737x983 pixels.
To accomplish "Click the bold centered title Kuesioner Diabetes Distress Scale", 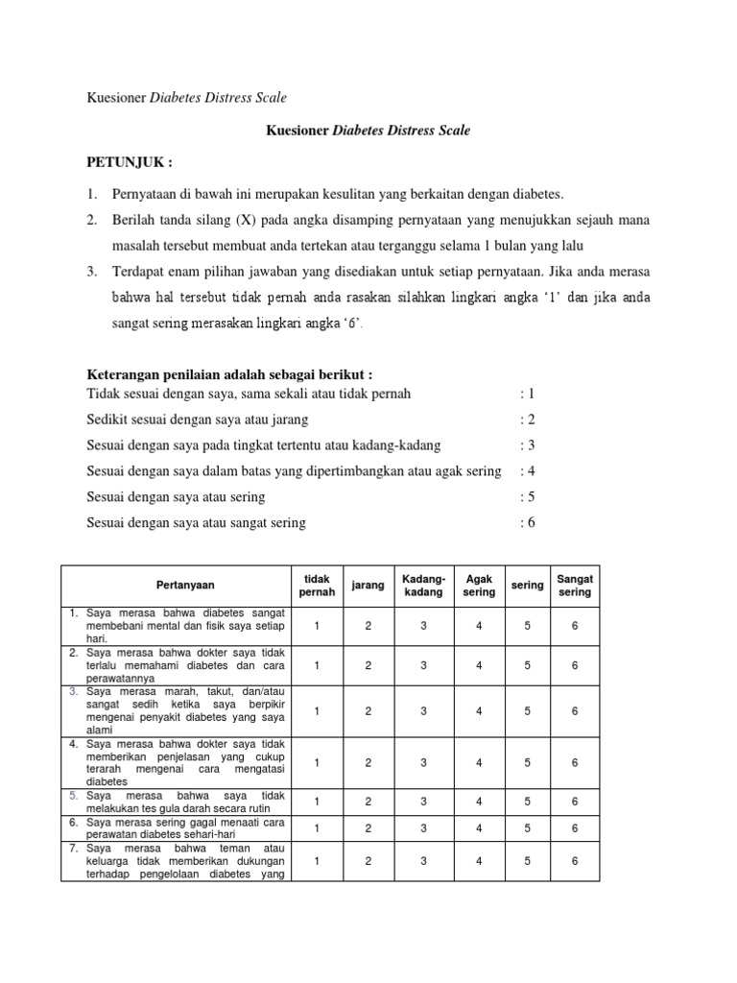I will click(368, 131).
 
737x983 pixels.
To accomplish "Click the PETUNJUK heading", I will click(131, 161).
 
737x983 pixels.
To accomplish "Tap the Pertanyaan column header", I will click(185, 585).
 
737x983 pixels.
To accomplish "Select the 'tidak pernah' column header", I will click(317, 585).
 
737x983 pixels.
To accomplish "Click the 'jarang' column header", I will click(368, 585).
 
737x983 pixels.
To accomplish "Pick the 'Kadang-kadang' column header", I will click(423, 585).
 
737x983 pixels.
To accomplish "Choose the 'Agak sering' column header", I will click(479, 585).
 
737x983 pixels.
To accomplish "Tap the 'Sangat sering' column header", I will click(575, 585).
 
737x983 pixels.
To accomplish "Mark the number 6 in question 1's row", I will click(575, 625).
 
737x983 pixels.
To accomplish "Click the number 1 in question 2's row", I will click(317, 664).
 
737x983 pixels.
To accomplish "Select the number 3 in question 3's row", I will click(423, 710).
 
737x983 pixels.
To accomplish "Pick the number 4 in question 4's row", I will click(479, 762).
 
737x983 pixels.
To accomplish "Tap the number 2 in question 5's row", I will click(368, 801).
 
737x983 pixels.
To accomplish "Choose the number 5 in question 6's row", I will click(527, 827).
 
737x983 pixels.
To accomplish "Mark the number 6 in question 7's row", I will click(575, 861).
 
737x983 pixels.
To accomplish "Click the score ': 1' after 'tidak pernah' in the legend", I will click(527, 394).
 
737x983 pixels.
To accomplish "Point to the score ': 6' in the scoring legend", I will click(527, 522).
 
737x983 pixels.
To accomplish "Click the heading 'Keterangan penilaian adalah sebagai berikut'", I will click(229, 373).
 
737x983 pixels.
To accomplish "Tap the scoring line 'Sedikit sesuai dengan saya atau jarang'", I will click(198, 420).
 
